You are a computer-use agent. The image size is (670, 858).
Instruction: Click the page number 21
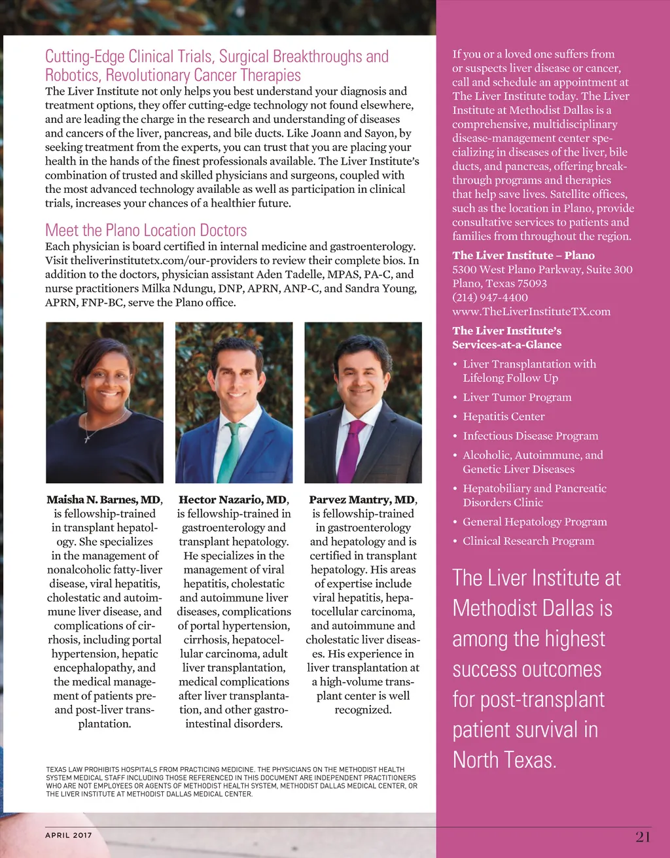643,836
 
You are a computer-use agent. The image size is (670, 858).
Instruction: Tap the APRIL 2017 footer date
69,835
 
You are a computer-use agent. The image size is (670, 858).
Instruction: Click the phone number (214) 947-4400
490,298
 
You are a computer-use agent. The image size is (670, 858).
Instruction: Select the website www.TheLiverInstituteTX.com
531,312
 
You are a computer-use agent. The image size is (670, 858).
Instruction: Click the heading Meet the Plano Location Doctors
146,230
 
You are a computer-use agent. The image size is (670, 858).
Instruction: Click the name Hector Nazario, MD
233,500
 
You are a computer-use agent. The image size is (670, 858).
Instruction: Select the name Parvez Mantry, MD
362,500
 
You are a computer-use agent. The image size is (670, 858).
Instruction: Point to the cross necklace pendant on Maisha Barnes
88,438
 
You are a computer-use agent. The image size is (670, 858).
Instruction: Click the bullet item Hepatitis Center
503,417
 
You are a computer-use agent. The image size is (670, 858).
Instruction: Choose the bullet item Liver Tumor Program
517,397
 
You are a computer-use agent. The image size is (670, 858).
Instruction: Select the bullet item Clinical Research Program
528,541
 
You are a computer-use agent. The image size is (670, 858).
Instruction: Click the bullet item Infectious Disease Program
530,436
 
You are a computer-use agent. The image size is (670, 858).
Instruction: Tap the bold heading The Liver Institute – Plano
523,255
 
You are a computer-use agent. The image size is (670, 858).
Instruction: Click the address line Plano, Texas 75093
499,283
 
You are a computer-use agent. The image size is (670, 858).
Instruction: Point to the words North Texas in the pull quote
504,760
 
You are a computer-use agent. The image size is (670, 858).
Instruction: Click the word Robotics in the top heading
72,75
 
